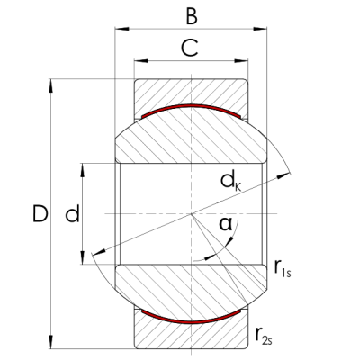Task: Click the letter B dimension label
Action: (190, 15)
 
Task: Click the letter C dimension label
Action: (190, 49)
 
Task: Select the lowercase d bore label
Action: (73, 214)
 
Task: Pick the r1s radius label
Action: (283, 266)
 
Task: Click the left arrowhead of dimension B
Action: (118, 31)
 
